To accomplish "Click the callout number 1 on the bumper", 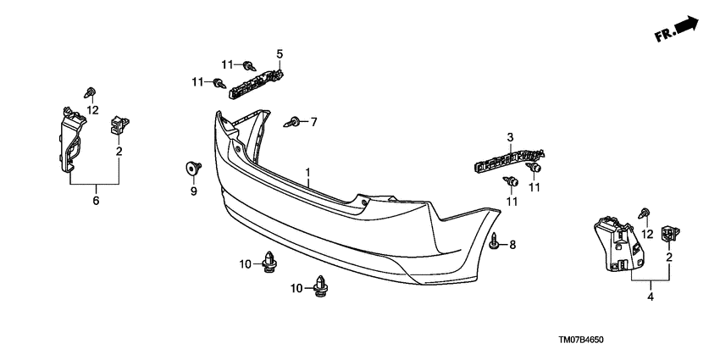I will [x=309, y=171].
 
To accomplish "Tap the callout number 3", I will [x=511, y=137].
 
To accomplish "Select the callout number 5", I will [x=279, y=54].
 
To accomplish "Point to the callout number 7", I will [x=313, y=123].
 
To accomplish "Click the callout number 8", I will [x=512, y=245].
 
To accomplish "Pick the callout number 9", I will [x=192, y=191].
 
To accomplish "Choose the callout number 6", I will [x=96, y=201].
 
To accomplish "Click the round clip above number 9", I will [x=192, y=167].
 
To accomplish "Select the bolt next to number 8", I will [x=495, y=242].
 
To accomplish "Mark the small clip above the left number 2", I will [x=118, y=126].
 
